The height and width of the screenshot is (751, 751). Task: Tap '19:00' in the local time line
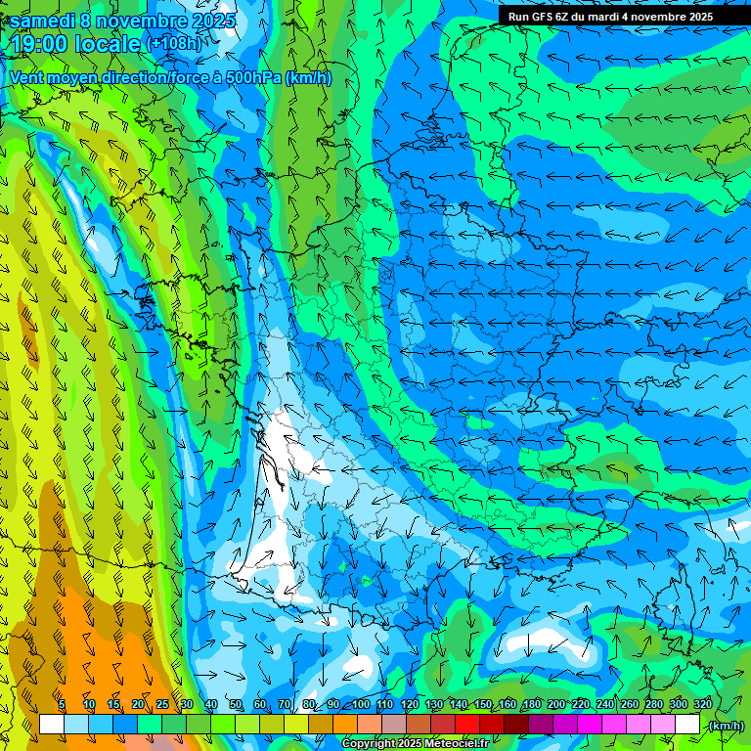(x=41, y=44)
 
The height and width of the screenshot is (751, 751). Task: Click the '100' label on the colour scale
(x=361, y=705)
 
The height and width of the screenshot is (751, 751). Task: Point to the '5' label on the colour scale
(x=61, y=705)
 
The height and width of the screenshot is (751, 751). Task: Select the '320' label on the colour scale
(x=703, y=705)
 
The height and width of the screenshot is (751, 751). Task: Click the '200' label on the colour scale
(x=556, y=705)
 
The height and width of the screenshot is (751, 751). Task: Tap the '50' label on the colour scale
(x=235, y=705)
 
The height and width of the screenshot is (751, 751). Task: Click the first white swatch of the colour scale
(x=52, y=725)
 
